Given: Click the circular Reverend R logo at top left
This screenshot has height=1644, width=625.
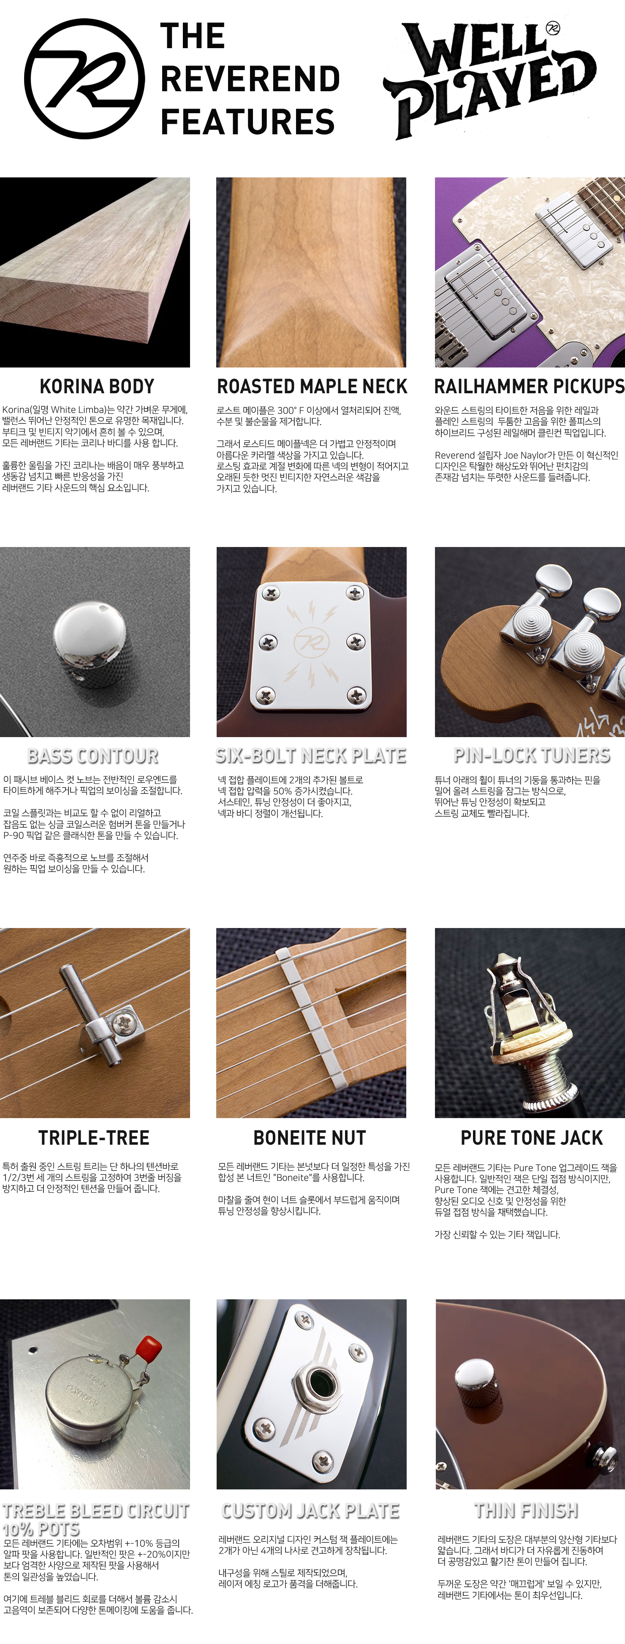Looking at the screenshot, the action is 84,79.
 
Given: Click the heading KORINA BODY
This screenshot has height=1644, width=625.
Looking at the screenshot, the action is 97,386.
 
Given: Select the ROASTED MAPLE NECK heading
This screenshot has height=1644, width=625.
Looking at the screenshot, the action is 312,386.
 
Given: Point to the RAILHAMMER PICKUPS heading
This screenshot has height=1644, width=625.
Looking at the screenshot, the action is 529,386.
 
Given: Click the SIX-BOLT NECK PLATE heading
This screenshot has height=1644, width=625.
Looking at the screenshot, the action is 311,756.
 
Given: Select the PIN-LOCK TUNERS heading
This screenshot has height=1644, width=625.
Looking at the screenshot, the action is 532,756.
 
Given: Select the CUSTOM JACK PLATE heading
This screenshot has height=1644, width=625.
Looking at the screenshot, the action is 310,1511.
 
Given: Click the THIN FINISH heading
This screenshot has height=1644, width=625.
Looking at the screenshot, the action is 526,1510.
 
